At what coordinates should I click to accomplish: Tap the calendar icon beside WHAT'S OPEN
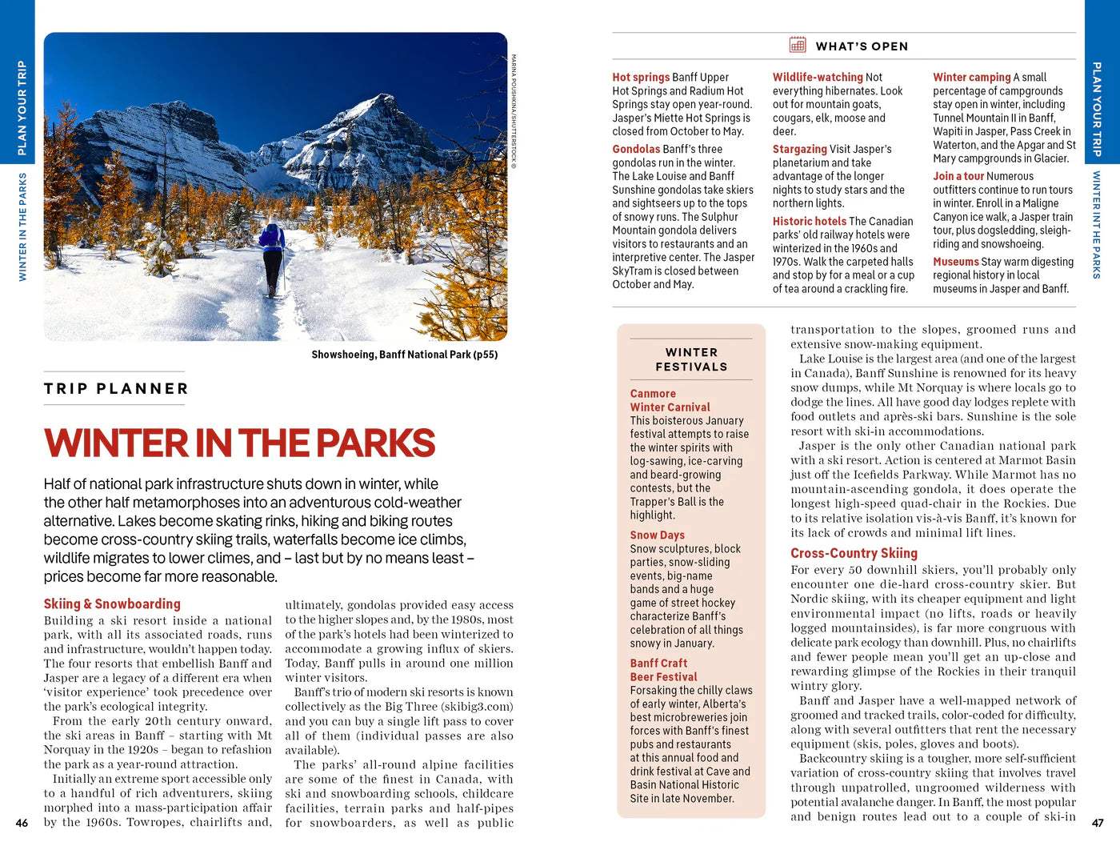[x=798, y=45]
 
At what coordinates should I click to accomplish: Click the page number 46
[x=22, y=823]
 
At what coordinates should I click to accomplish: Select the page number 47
[x=1098, y=823]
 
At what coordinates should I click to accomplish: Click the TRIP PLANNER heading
[x=116, y=389]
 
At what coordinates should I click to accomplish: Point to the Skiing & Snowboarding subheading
[x=112, y=604]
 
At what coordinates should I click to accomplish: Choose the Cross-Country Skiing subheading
[x=854, y=553]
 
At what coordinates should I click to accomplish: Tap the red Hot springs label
[x=641, y=78]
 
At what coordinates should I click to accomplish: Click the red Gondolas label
[x=636, y=149]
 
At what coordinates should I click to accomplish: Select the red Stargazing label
[x=799, y=149]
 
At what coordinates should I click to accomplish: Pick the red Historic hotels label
[x=809, y=221]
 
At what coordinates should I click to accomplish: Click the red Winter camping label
[x=971, y=78]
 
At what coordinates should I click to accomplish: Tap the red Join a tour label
[x=958, y=176]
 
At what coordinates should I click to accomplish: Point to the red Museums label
[x=955, y=262]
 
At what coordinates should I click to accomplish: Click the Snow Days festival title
[x=657, y=535]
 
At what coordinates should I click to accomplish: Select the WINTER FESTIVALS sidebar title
[x=691, y=359]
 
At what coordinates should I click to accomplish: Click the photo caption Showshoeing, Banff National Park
[x=404, y=355]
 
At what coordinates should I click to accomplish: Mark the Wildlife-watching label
[x=817, y=78]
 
